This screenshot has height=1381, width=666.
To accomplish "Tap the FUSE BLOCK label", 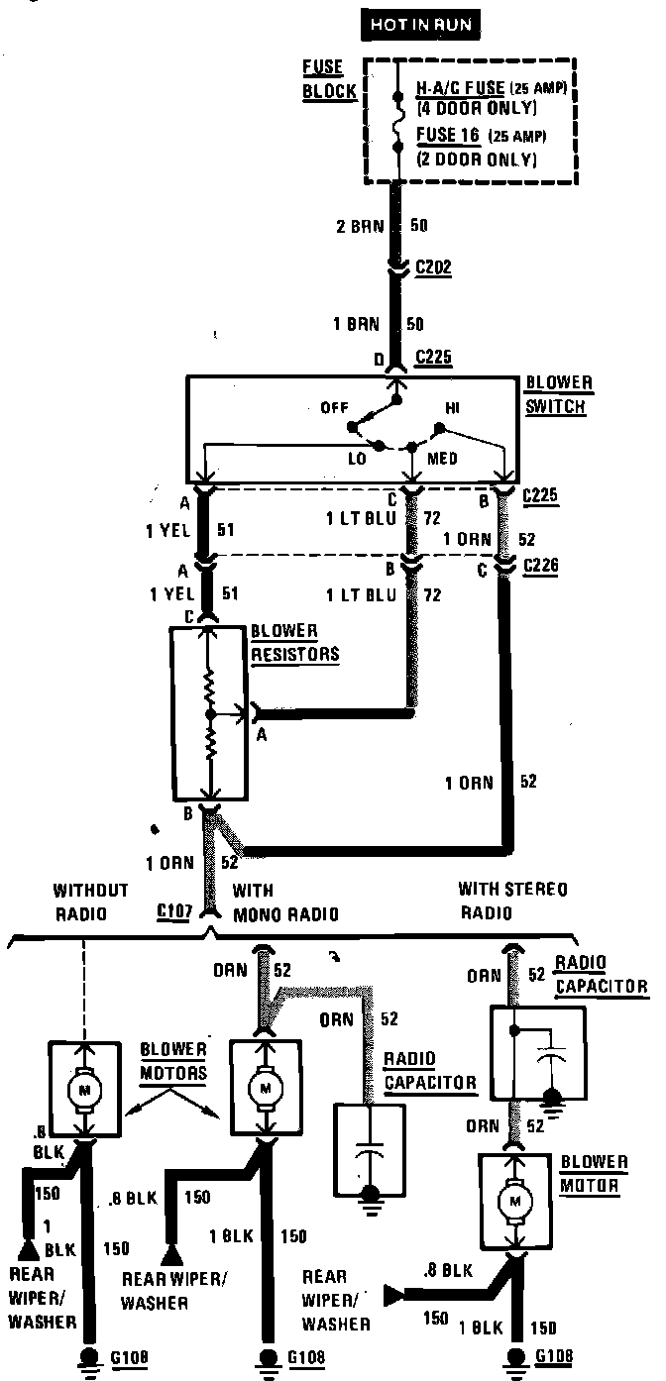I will point(322,77).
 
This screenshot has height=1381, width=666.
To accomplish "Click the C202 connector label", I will point(435,268).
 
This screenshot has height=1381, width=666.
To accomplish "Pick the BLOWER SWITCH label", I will point(558,393).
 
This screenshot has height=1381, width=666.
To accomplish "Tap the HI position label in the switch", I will point(454,408).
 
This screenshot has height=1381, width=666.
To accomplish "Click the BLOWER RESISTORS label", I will point(294,642).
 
